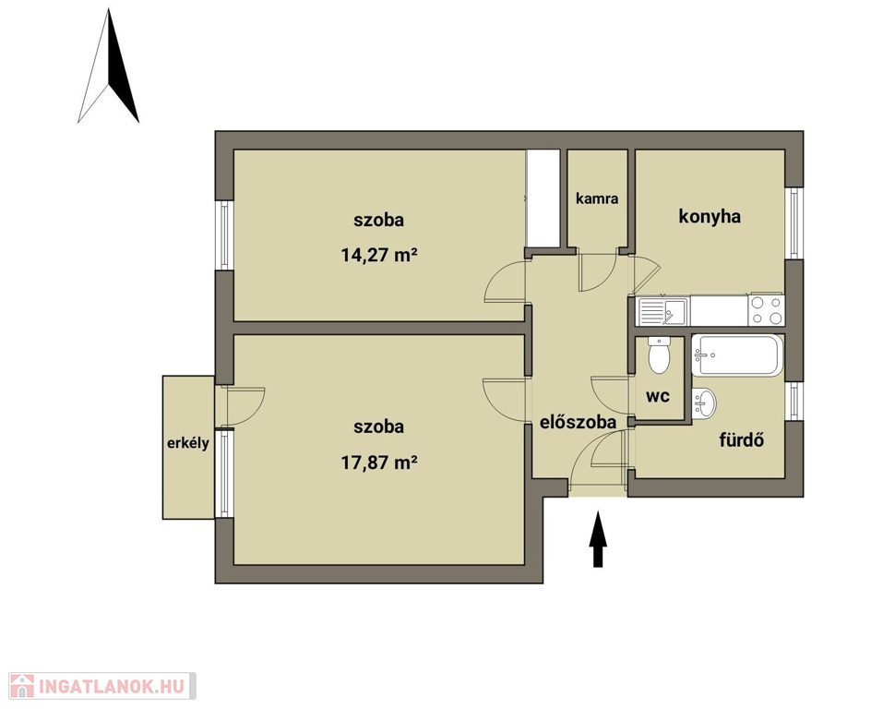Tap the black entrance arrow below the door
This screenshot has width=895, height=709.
(x=598, y=539)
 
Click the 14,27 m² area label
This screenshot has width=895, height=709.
(x=379, y=254)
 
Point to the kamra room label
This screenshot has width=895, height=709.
(x=597, y=198)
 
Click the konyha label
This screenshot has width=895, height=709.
(x=710, y=216)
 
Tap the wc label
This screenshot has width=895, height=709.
(x=658, y=396)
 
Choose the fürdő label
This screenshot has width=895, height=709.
(x=742, y=440)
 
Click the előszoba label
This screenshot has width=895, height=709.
(x=579, y=422)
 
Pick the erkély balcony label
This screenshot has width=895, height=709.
(x=188, y=443)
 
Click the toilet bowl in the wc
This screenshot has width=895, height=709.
(x=660, y=354)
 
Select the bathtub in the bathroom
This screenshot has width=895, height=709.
(x=737, y=355)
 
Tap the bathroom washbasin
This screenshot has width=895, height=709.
(x=704, y=403)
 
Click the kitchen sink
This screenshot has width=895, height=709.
(x=663, y=311)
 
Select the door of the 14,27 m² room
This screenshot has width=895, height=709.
(x=505, y=280)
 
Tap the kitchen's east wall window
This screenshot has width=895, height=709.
(x=794, y=223)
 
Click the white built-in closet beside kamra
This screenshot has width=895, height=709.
(x=543, y=198)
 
